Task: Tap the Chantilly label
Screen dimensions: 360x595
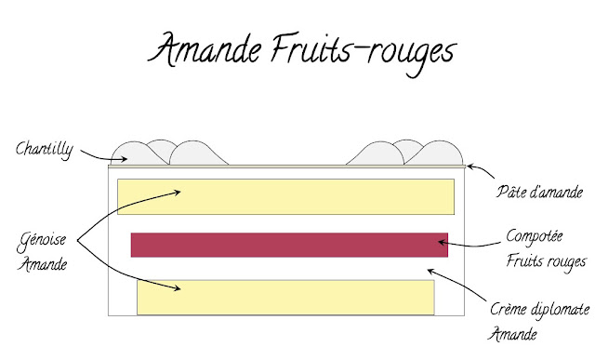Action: pos(46,147)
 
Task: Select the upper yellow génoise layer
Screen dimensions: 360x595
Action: pos(284,197)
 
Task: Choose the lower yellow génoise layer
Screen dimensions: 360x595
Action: pos(284,296)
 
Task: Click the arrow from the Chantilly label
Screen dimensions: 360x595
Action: pos(94,156)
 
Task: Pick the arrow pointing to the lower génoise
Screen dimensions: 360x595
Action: pos(130,271)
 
